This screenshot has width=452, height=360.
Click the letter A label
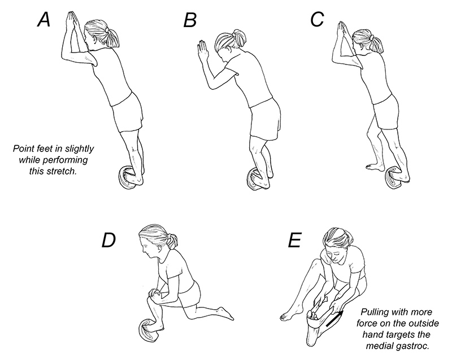coord(44,20)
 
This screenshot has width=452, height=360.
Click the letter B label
coord(190,21)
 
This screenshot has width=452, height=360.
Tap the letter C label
coord(318,20)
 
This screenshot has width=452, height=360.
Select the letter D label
coord(108,240)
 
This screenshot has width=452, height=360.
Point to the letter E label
coord(294,240)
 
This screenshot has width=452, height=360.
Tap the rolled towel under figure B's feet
coord(256,180)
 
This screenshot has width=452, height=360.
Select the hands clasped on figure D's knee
coord(155,294)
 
